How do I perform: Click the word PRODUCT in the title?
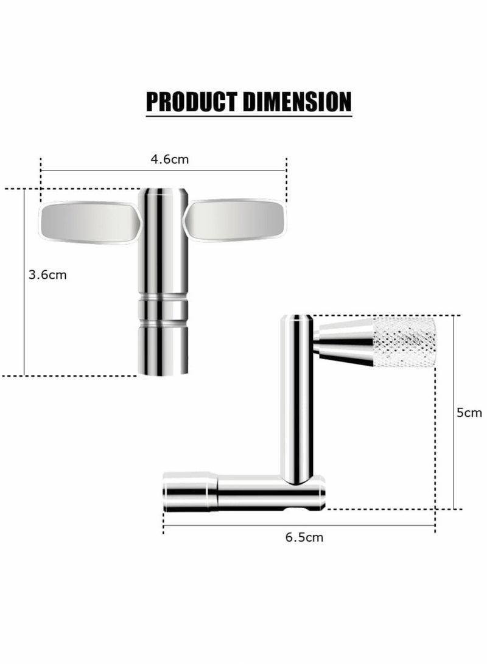tap(192, 102)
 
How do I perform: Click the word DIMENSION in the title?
tap(298, 102)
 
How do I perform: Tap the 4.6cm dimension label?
tap(170, 159)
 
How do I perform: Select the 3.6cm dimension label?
tap(47, 275)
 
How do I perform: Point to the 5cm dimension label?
tap(469, 413)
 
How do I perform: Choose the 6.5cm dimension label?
tap(304, 537)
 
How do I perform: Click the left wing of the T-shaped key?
tap(89, 223)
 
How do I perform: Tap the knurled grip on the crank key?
tap(404, 342)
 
